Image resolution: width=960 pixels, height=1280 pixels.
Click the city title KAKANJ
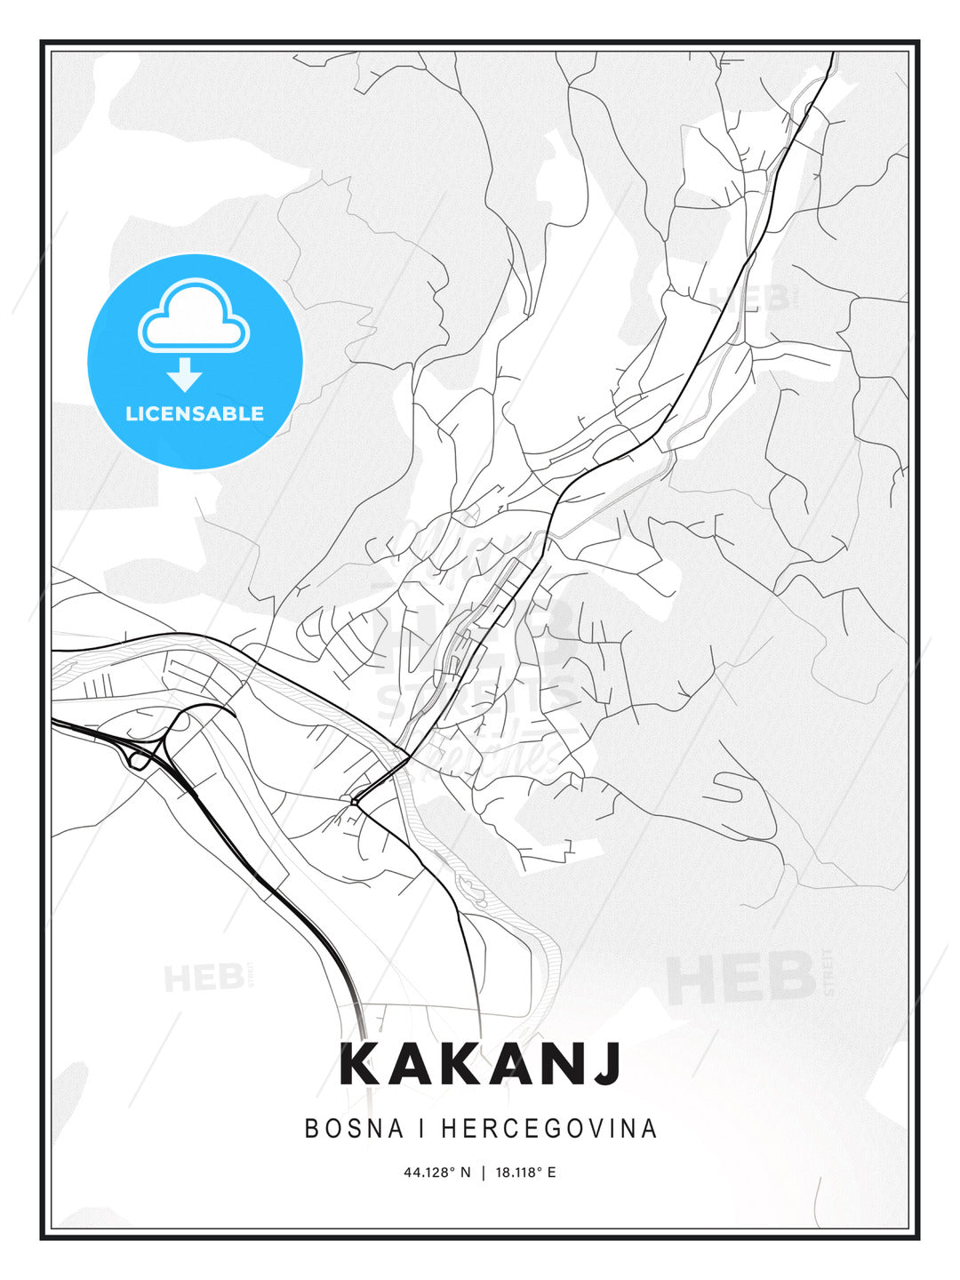480,1064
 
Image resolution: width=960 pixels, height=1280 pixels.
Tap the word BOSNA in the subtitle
355,1129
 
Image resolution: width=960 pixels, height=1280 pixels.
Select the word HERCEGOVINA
548,1129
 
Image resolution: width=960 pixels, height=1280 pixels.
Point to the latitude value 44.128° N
437,1172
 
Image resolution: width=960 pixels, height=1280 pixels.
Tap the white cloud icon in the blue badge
194,316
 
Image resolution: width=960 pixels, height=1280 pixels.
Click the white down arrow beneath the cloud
185,373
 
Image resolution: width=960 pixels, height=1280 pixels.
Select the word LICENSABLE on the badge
195,414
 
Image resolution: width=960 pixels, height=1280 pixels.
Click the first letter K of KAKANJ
359,1064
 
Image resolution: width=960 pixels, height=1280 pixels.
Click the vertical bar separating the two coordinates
484,1172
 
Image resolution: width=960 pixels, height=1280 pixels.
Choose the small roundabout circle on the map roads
354,802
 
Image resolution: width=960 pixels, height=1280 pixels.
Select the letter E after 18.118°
551,1172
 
